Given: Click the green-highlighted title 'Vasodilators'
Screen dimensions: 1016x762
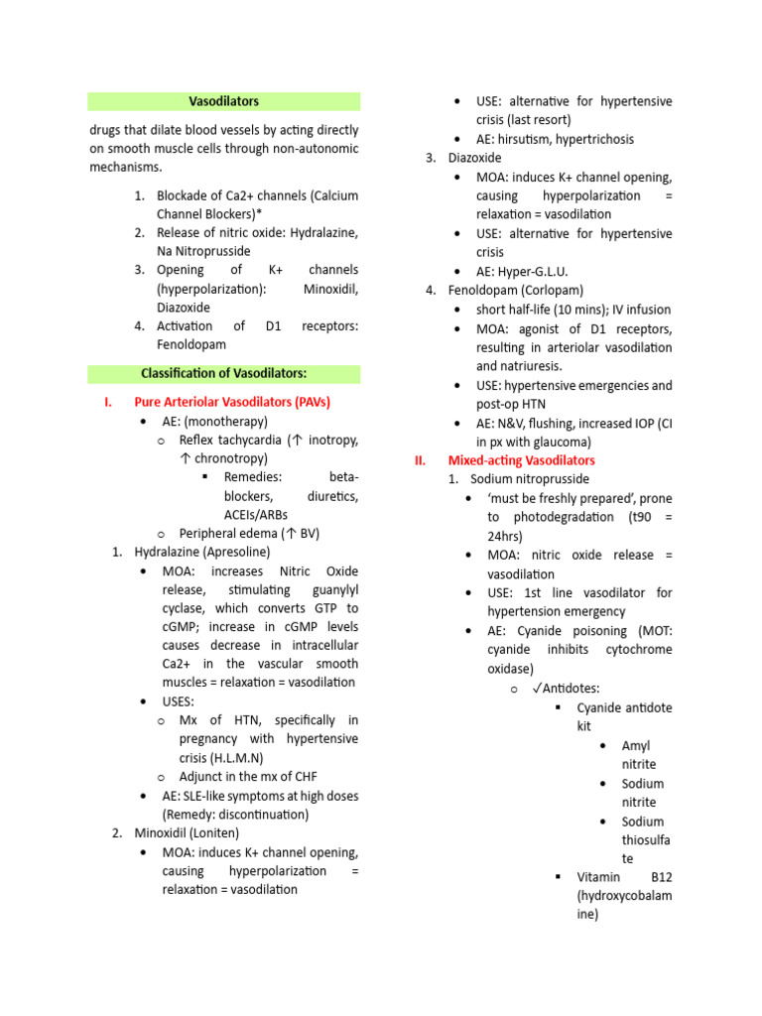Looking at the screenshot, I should tap(223, 101).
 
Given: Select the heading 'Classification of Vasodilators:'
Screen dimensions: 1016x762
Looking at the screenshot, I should tap(223, 373).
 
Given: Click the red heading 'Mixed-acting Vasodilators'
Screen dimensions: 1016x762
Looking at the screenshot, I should tap(521, 460).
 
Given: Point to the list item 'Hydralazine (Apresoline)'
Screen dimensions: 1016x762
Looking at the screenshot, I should tap(201, 552).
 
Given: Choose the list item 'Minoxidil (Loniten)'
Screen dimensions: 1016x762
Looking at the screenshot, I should tap(187, 832).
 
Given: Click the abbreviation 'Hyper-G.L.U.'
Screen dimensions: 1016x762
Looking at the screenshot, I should tap(533, 271).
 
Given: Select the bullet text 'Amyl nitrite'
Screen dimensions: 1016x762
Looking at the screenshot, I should tap(638, 754).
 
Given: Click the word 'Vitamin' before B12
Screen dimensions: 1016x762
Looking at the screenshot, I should tap(598, 877).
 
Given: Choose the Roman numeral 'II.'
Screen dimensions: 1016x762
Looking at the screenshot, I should tap(420, 460).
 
